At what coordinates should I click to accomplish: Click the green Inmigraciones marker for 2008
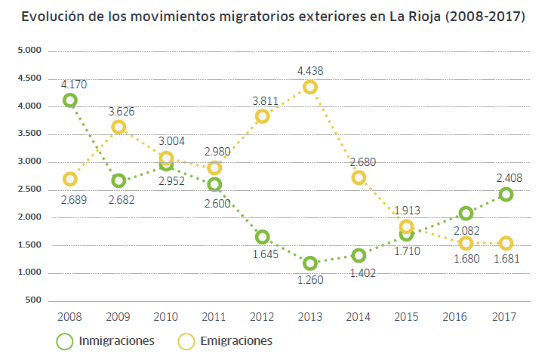coord(70,100)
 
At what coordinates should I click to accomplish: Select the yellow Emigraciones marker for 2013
coord(310,88)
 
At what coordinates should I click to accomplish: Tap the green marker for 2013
coord(310,263)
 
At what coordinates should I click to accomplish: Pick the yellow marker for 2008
coord(70,179)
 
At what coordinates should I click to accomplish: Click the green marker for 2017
coord(506,195)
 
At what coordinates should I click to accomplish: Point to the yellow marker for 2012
coord(262,116)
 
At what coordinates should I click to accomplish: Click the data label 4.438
coord(310,70)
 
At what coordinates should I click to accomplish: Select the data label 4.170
coord(73,84)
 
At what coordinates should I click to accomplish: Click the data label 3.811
coord(265,100)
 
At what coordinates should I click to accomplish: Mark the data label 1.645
coord(262,254)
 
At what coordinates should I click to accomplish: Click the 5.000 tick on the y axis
coord(27,51)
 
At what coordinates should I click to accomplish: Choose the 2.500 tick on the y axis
coord(27,189)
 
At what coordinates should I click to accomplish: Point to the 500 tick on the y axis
coord(31,300)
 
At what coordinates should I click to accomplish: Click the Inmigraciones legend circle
coord(65,341)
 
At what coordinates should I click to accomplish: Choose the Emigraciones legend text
coord(235,341)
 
